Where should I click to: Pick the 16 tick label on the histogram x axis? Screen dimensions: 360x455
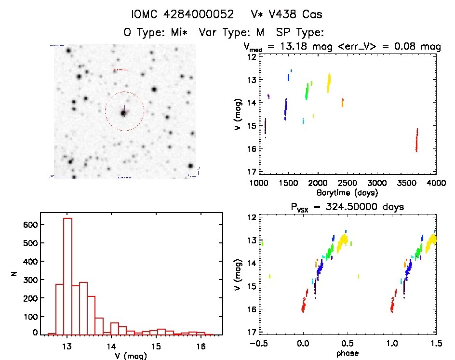201,346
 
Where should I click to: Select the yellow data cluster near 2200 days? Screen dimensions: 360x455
329,82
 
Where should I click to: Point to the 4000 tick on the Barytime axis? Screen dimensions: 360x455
436,184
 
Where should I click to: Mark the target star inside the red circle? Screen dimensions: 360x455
124,113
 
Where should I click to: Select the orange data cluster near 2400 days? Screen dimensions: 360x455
342,102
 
